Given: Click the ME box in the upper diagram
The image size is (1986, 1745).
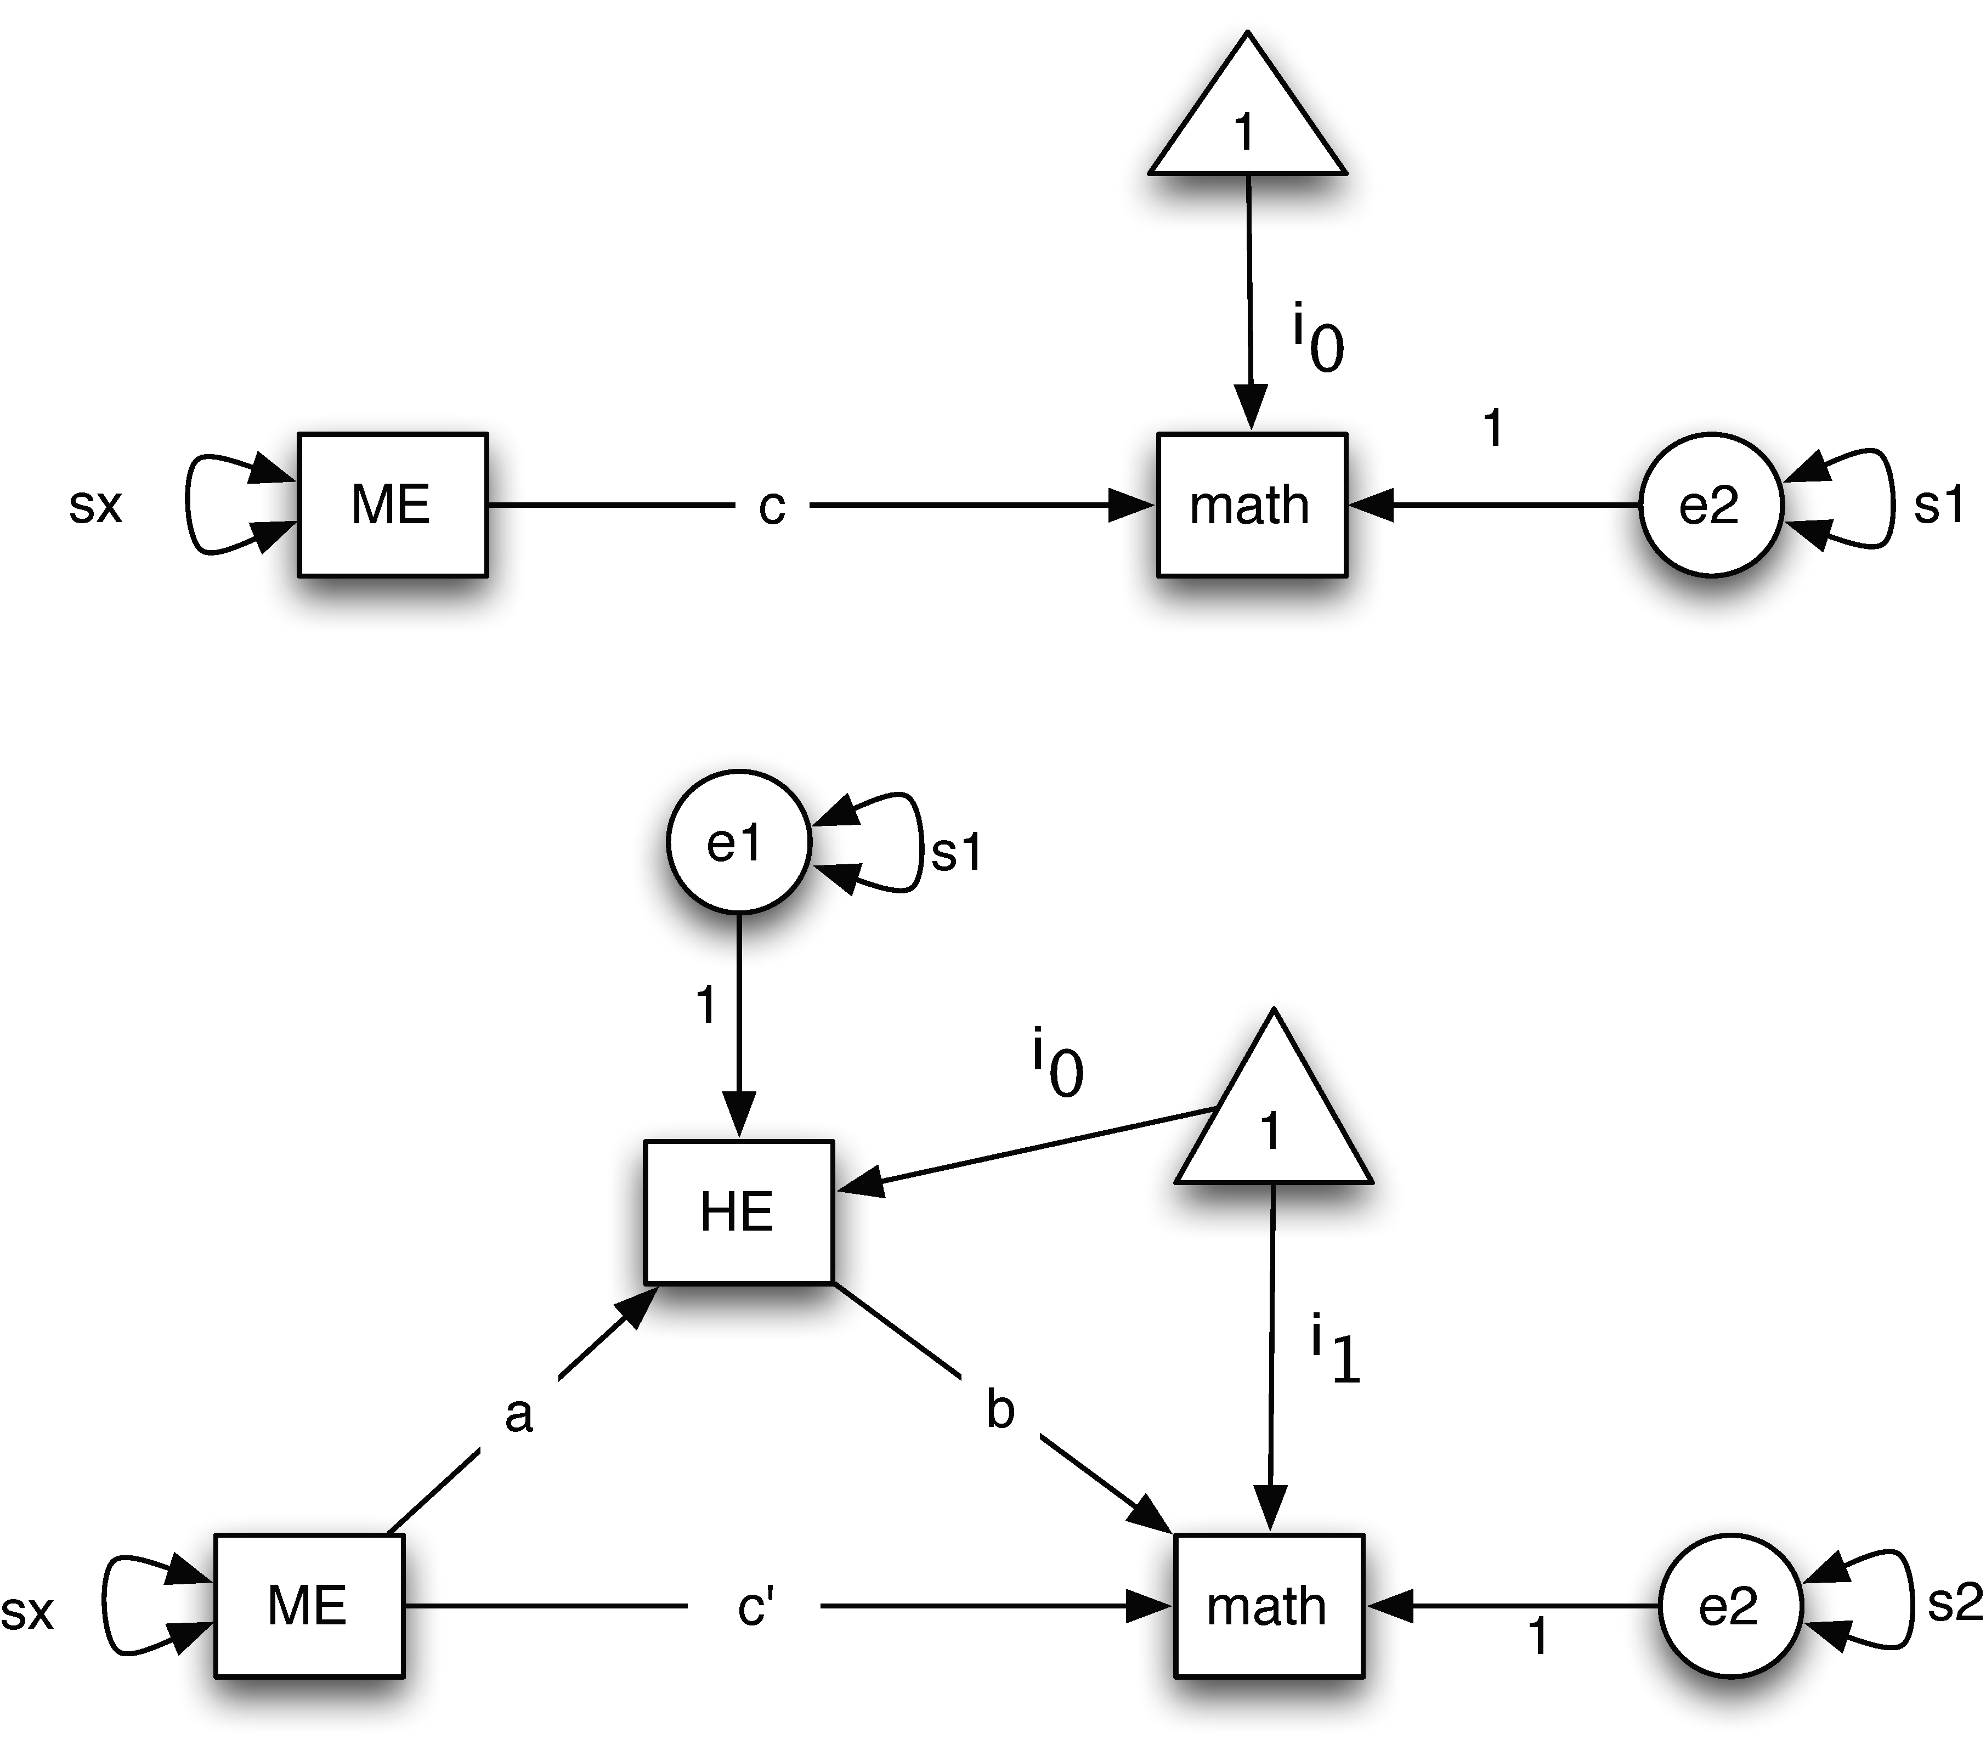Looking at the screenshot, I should point(392,505).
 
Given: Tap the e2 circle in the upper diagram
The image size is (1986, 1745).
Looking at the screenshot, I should point(1710,505).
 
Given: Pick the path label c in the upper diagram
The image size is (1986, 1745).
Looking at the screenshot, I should point(772,506).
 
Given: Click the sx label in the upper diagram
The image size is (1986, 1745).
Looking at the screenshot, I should point(95,505).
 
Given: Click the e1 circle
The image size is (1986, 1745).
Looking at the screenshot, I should point(738,842).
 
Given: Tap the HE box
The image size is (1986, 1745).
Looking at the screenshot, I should point(738,1211).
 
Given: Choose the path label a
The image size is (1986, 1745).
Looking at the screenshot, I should point(519,1415).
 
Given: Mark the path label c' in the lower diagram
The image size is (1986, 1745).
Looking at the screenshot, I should point(755,1607).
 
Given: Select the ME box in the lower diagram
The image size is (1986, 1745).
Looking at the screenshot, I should point(308,1606).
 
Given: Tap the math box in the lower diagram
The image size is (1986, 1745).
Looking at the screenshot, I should point(1268,1606).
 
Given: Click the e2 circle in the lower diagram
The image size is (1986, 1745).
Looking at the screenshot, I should point(1729,1606).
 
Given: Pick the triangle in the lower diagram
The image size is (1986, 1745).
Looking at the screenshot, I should point(1273,1117).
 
